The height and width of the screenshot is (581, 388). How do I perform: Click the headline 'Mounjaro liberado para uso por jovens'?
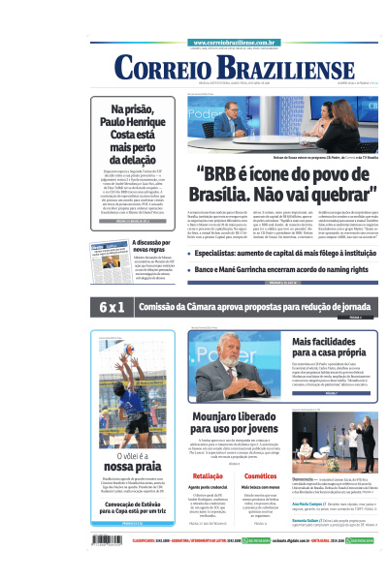click(x=229, y=423)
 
